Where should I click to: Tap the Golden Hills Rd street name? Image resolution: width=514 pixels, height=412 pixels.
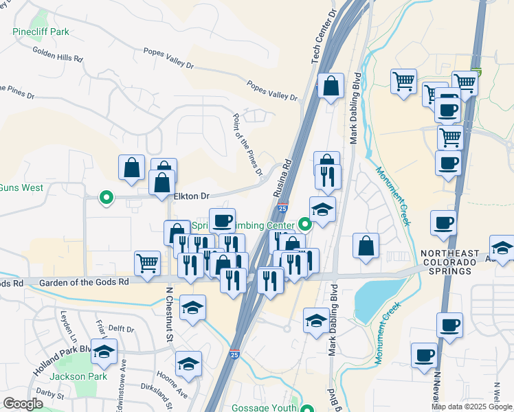tap(57, 55)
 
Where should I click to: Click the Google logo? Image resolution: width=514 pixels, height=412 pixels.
tap(23, 404)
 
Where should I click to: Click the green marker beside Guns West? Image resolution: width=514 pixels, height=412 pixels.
tap(106, 198)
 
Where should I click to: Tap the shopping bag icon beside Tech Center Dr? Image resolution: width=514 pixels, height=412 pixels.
tap(331, 86)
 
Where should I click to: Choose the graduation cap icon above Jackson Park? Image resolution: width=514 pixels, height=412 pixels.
tap(104, 352)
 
